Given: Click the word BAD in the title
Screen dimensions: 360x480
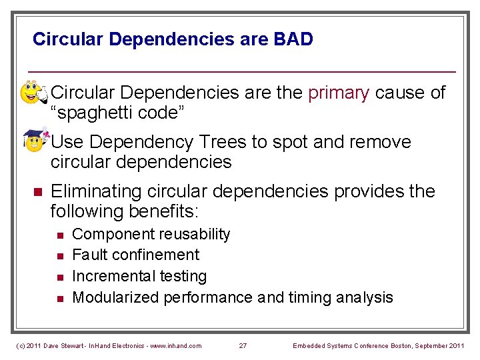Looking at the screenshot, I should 293,39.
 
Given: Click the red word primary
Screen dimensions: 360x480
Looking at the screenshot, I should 338,93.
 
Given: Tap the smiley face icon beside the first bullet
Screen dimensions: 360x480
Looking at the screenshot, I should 32,93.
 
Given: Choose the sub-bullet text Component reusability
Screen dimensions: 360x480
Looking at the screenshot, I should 151,234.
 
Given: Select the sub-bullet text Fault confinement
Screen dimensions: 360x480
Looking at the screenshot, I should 135,255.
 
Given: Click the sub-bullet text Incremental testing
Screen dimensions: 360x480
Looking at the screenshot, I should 139,276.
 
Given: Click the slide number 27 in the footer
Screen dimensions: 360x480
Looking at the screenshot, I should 243,345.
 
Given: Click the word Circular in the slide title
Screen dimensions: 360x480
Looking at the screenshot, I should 68,39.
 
